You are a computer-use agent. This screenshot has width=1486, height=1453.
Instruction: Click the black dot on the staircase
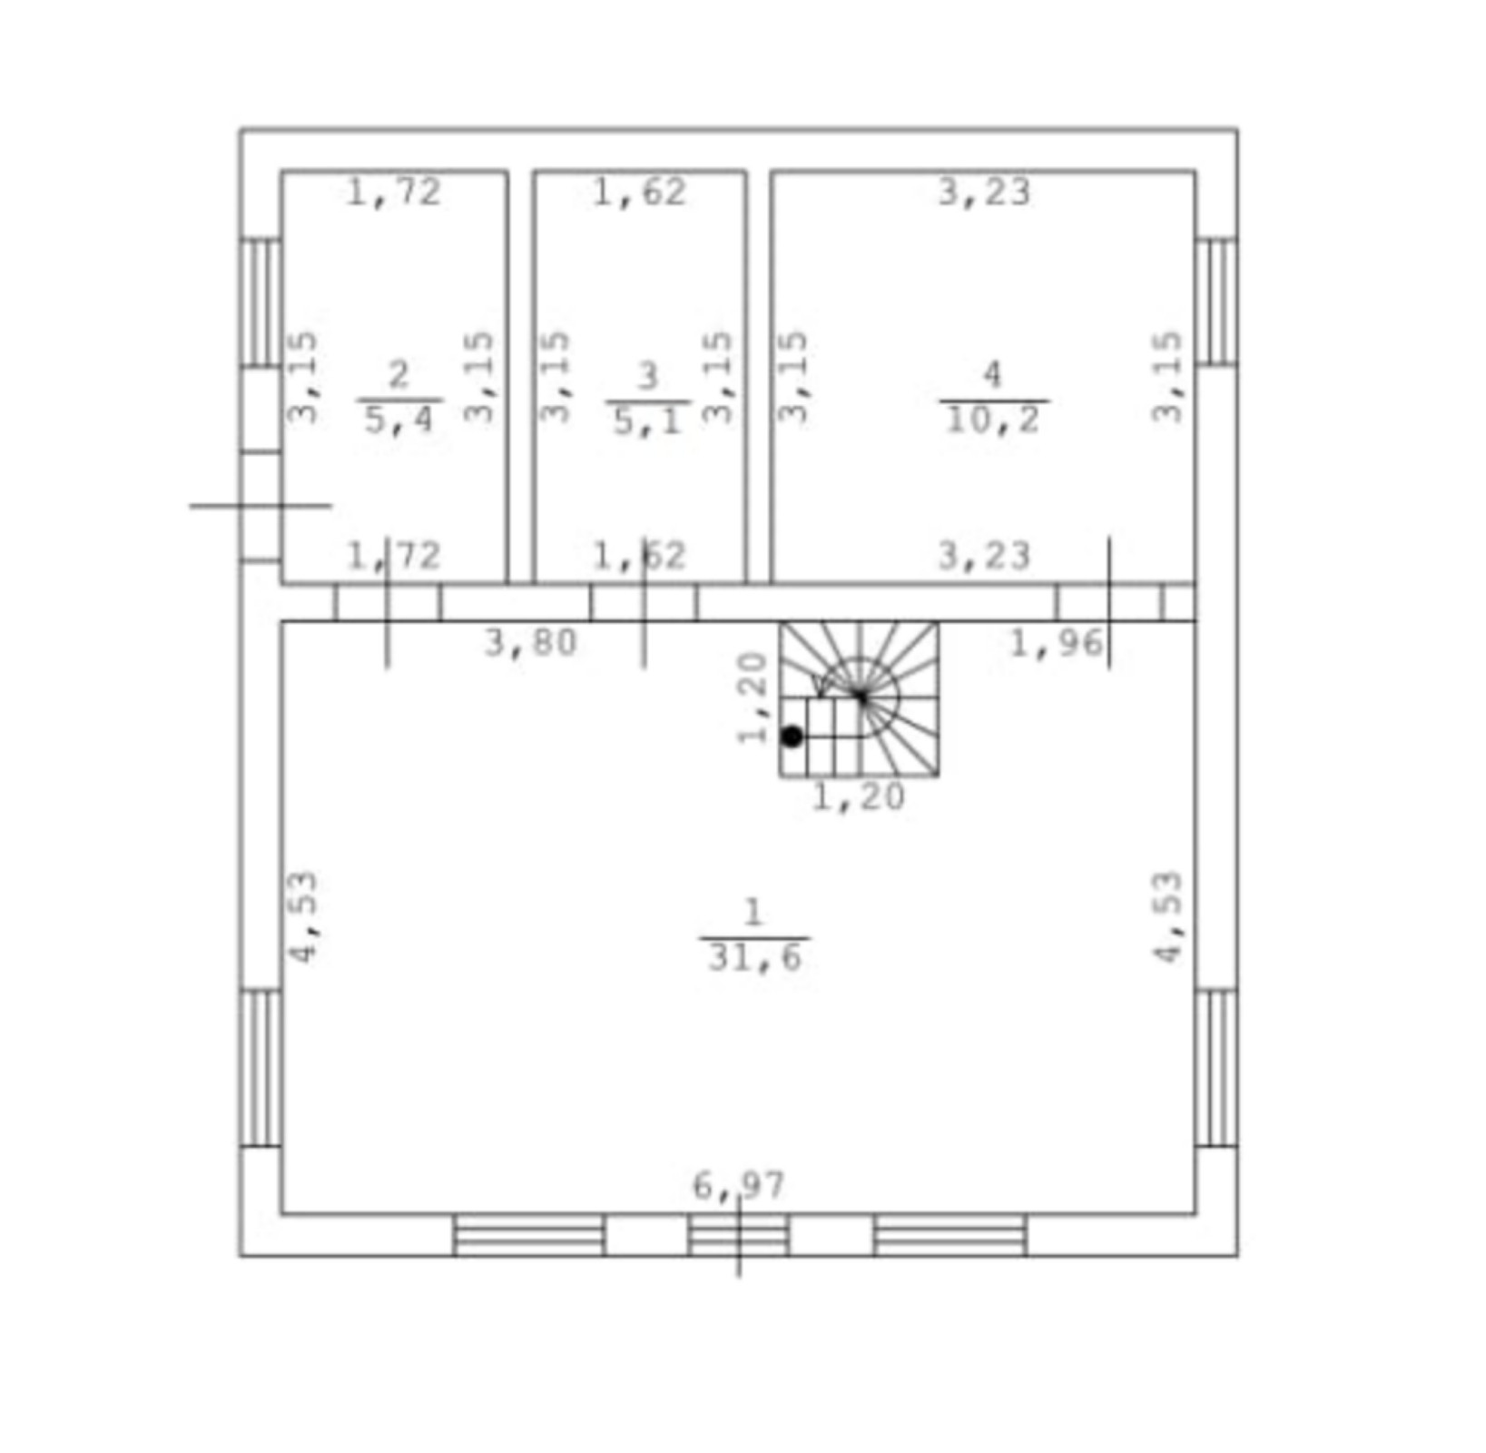[x=792, y=736]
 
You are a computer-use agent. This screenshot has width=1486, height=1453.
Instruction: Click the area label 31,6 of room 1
[x=755, y=958]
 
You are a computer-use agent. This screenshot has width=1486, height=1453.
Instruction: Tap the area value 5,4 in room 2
[x=399, y=420]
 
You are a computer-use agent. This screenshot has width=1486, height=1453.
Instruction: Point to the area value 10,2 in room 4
[x=993, y=420]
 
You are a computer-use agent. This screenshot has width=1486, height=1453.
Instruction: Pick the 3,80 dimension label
[x=531, y=643]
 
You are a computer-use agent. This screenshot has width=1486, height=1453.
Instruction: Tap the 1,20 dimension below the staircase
[x=859, y=797]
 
